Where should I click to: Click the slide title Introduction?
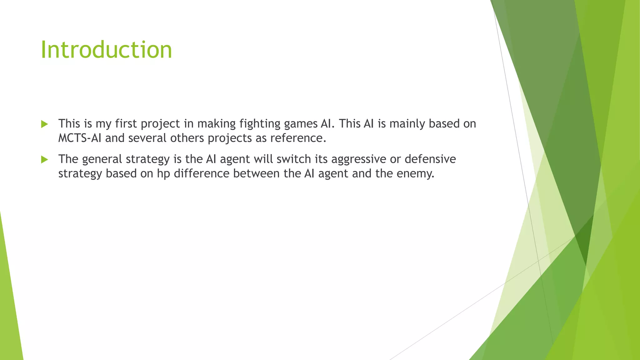tap(106, 50)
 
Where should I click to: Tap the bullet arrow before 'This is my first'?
tap(44, 124)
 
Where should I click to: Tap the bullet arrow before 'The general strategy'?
tap(44, 160)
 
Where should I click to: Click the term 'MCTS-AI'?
tap(80, 138)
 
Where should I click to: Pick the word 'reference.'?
tap(298, 138)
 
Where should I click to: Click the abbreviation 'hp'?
tap(163, 174)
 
